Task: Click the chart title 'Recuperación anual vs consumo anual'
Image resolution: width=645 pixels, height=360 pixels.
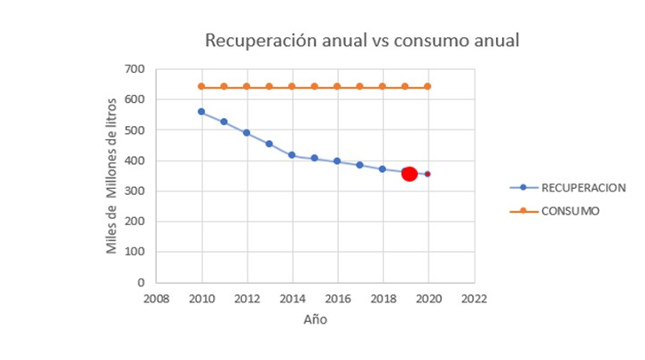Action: (362, 41)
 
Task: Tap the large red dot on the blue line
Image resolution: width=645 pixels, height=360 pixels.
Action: (409, 173)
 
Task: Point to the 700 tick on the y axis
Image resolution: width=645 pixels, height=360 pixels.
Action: (135, 69)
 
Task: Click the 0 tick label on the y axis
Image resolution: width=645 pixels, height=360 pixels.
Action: (140, 283)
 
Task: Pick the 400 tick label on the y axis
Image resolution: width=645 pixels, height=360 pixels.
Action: (135, 160)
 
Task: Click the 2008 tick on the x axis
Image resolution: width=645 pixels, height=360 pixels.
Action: (157, 300)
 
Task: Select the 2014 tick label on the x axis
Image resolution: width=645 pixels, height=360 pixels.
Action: (292, 300)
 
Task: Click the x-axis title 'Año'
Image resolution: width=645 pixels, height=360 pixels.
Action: (315, 319)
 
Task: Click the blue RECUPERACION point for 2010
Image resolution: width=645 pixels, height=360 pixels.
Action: (201, 112)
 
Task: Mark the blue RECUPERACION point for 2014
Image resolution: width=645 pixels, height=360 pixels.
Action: (292, 155)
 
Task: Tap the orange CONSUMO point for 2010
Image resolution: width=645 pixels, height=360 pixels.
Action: (201, 87)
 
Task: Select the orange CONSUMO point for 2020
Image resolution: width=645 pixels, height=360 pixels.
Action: (428, 87)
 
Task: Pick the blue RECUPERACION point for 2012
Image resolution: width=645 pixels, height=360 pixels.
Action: (247, 133)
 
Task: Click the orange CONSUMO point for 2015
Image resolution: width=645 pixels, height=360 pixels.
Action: (315, 87)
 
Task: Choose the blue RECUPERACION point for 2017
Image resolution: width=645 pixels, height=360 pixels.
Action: (360, 165)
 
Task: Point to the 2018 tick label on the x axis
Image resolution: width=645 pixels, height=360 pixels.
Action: (382, 300)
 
